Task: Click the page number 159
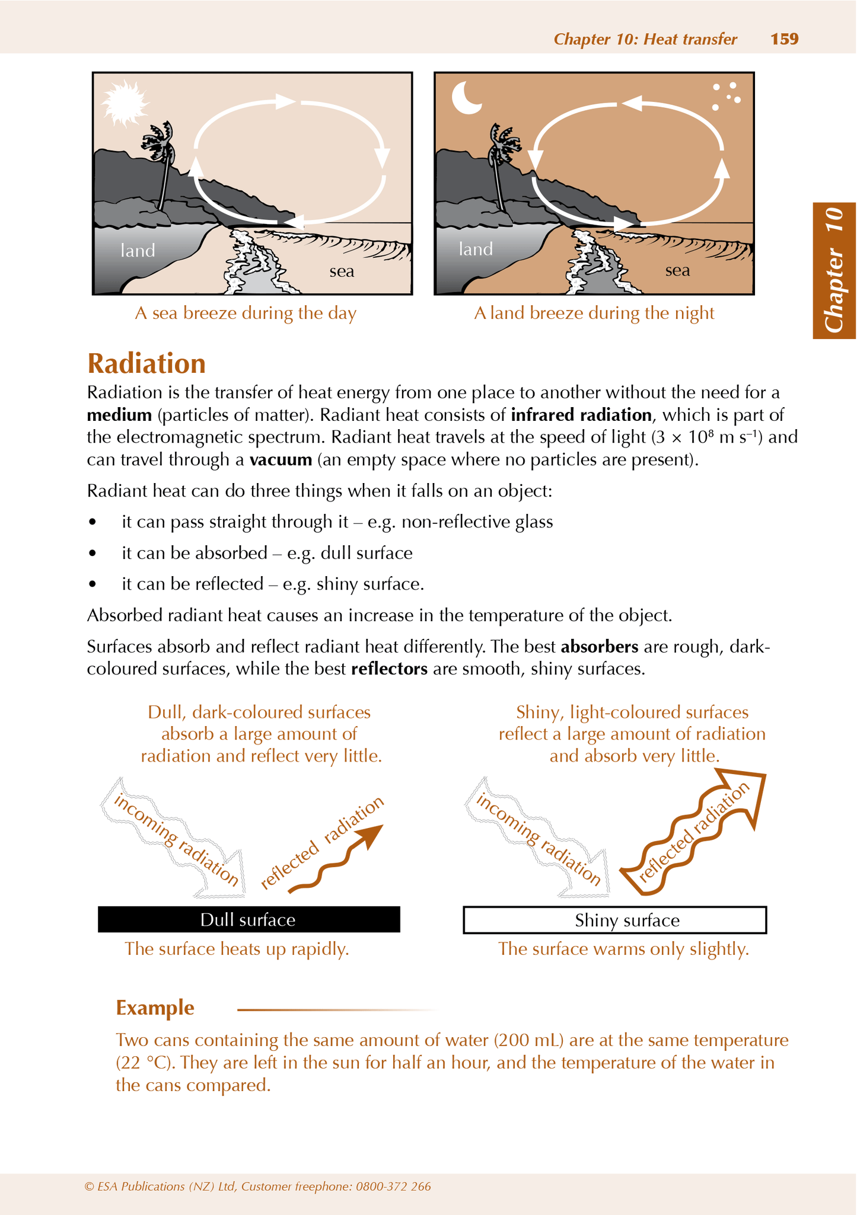point(784,39)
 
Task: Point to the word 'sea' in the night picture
point(677,271)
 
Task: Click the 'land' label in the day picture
point(138,251)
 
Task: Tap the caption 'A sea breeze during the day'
point(246,313)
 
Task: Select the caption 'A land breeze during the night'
point(594,313)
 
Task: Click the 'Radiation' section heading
point(146,363)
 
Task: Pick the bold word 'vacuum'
point(281,459)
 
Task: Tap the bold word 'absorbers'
point(599,646)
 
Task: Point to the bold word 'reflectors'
point(389,669)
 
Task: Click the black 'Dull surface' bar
point(249,919)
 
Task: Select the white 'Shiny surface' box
point(614,920)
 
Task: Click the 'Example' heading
point(155,1008)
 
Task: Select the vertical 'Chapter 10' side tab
point(834,270)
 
